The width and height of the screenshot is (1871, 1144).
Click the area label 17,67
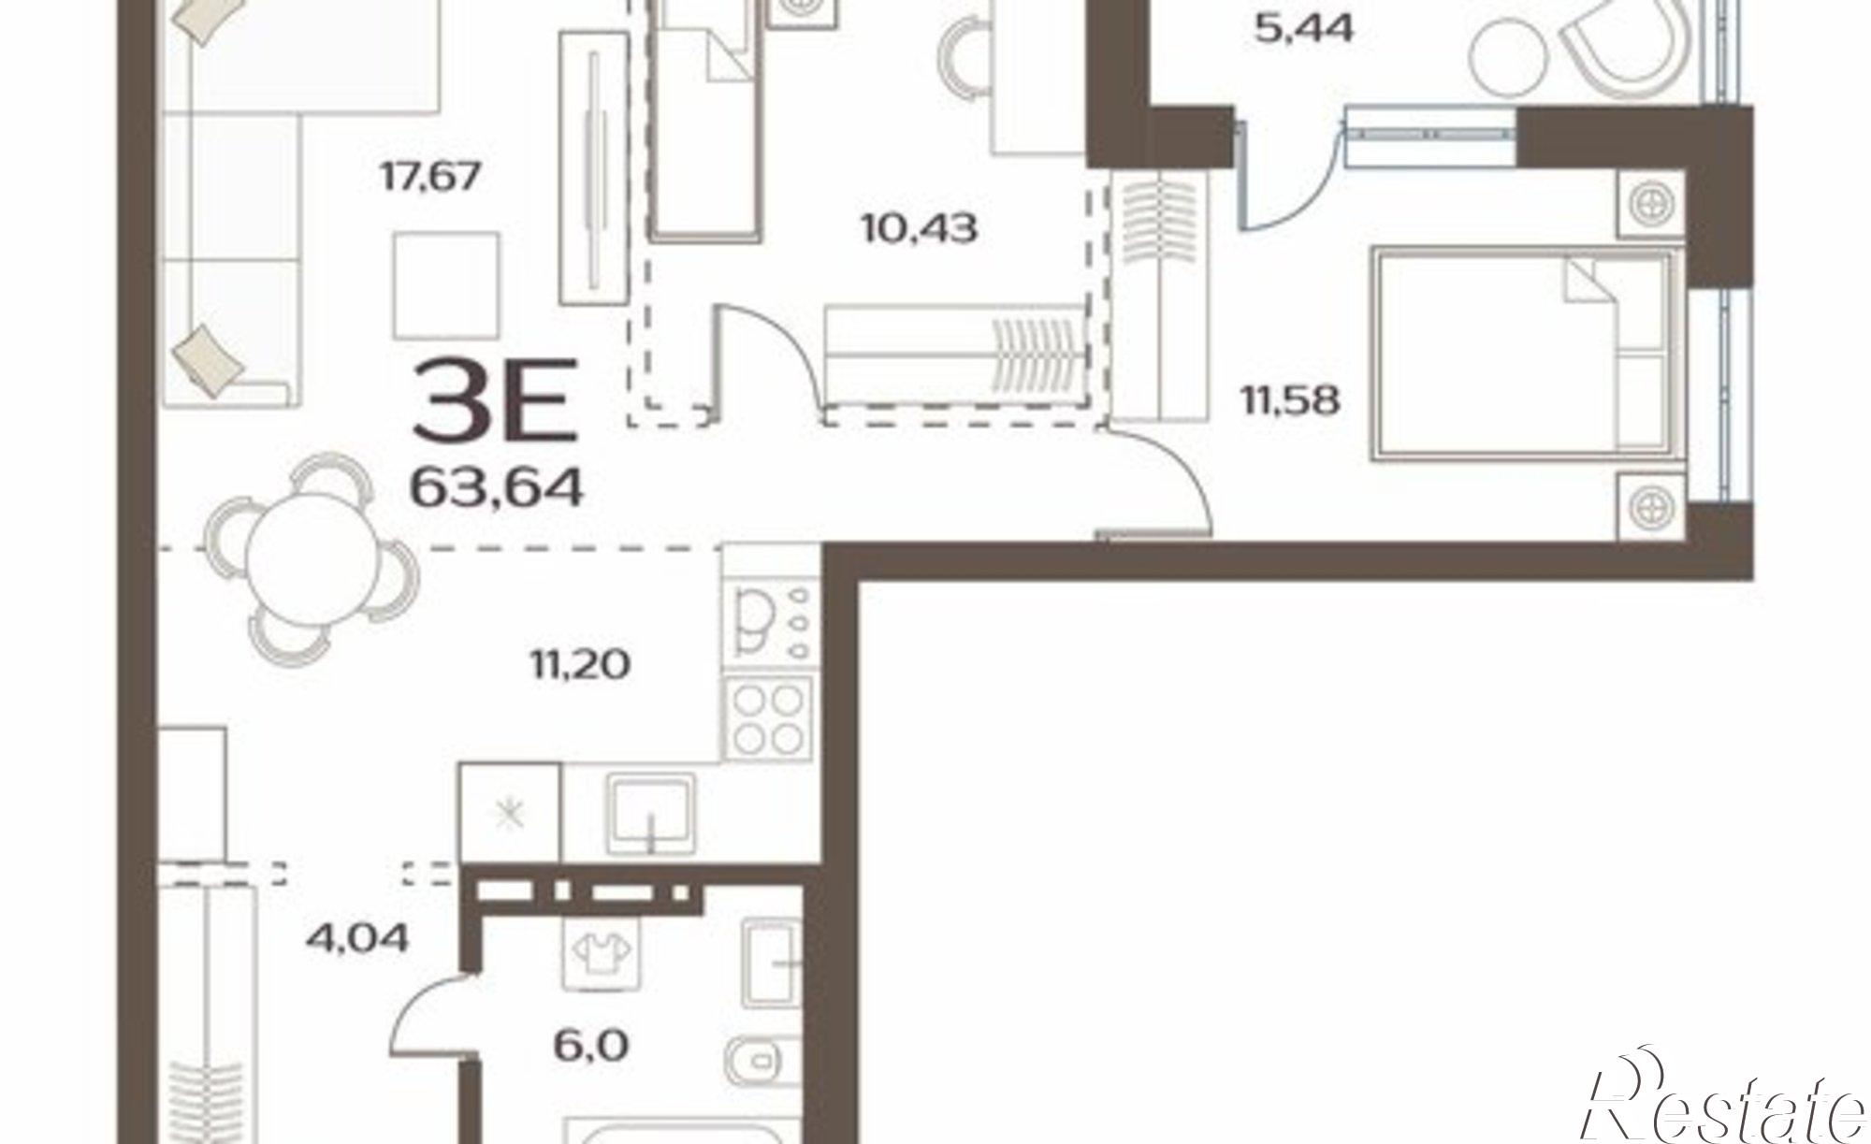pyautogui.click(x=430, y=176)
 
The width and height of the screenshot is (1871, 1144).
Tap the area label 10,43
pyautogui.click(x=920, y=228)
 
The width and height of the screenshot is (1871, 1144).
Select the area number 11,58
pyautogui.click(x=1291, y=401)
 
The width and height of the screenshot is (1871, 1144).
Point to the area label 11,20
pyautogui.click(x=580, y=665)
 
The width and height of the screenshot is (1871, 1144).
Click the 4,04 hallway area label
pyautogui.click(x=358, y=936)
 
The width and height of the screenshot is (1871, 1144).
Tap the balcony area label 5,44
pyautogui.click(x=1303, y=29)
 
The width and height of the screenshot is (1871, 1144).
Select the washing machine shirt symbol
pyautogui.click(x=599, y=952)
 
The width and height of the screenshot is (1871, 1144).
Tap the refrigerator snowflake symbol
pyautogui.click(x=510, y=814)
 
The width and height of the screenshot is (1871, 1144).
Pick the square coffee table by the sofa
pyautogui.click(x=446, y=285)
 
